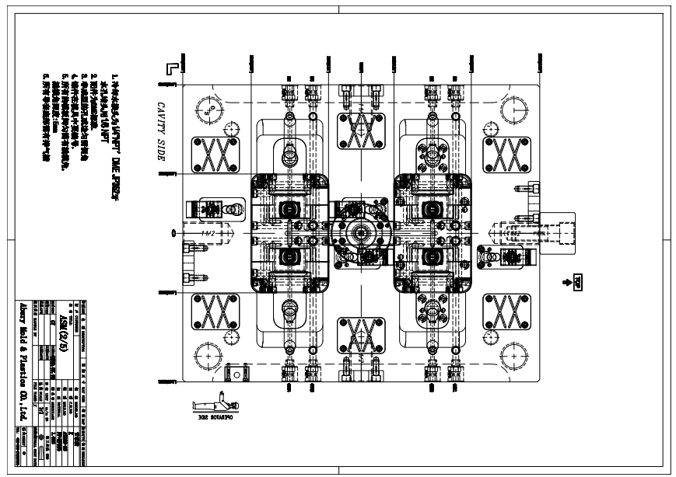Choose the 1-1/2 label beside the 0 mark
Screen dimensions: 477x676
[x=207, y=232]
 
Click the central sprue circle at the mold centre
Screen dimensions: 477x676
[x=360, y=232]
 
